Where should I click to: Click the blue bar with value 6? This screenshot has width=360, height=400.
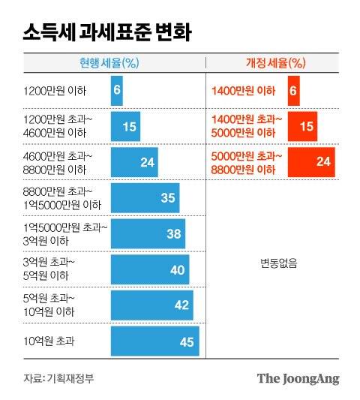[x=116, y=90]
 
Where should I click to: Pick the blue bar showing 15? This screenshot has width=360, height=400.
[x=125, y=126]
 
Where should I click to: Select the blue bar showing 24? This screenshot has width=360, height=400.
[x=134, y=162]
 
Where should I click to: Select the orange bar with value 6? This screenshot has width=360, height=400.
[x=293, y=90]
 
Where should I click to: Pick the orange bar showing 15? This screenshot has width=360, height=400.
[x=302, y=126]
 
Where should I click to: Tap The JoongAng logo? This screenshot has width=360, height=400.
[x=298, y=377]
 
